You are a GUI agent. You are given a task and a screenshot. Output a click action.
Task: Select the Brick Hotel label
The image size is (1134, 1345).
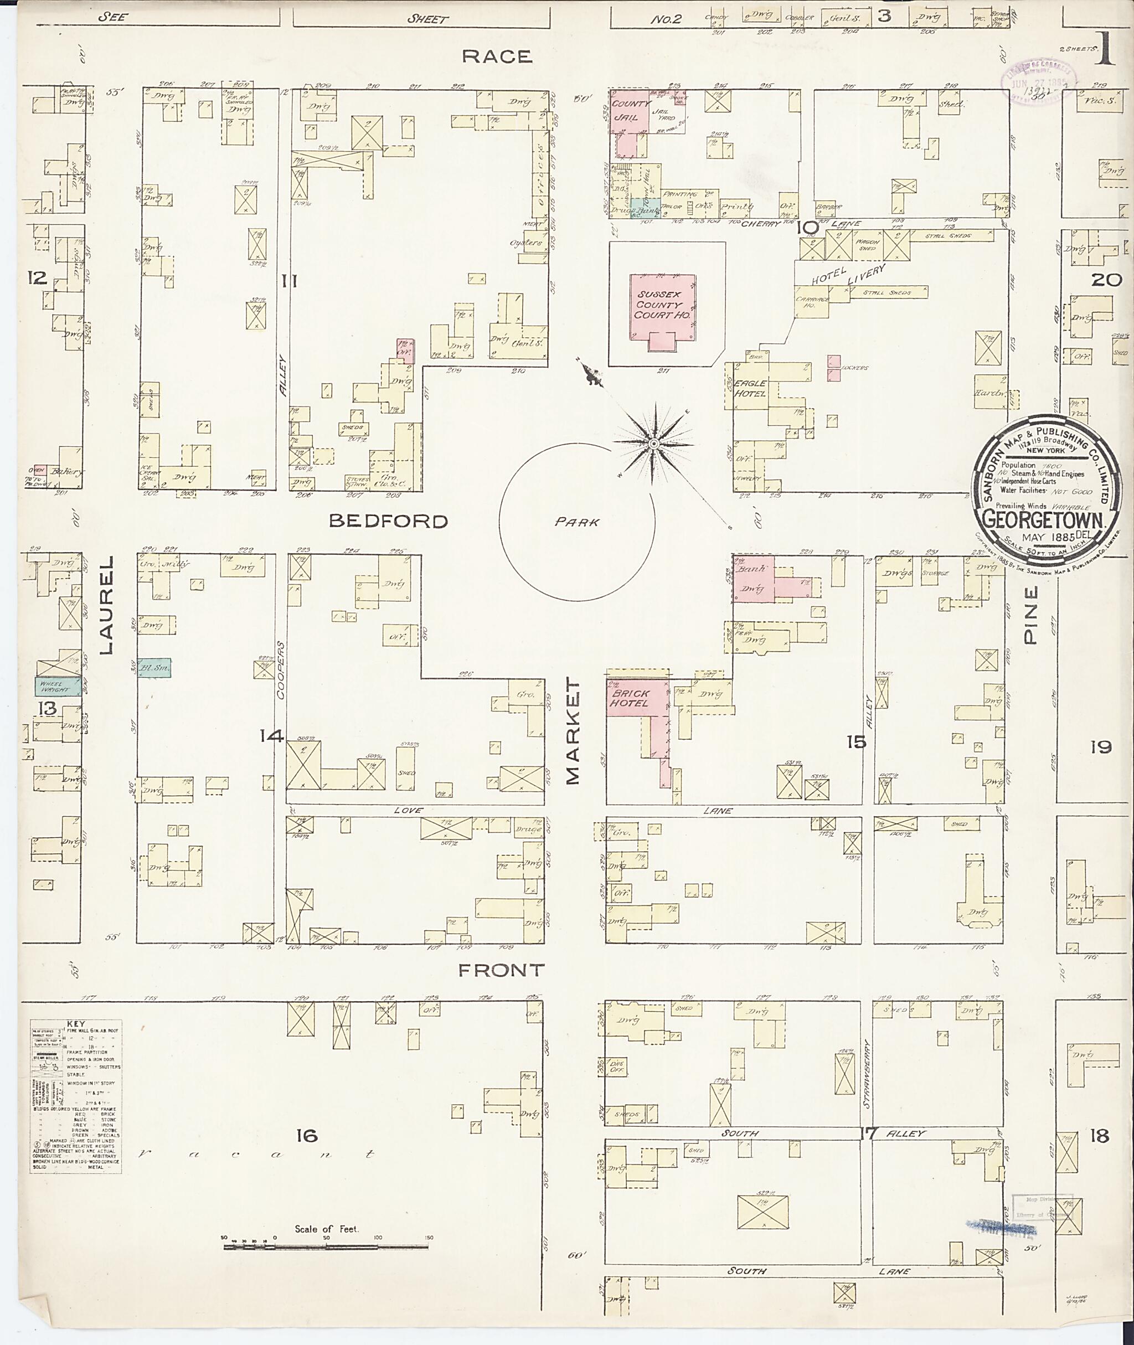coord(630,698)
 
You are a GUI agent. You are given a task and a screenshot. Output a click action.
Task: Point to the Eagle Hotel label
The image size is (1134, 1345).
coord(750,388)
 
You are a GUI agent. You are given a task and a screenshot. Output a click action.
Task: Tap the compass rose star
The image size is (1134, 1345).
coord(653,444)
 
